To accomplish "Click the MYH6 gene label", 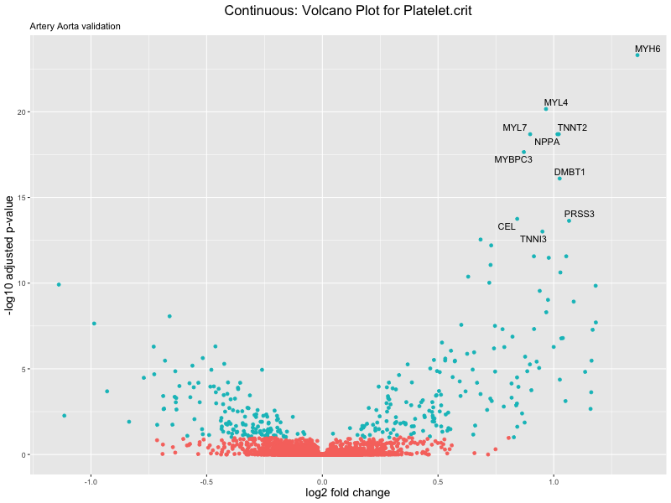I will point(648,49).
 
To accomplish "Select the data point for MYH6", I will point(637,54).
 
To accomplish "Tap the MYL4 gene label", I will point(556,103).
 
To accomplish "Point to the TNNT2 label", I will point(572,128).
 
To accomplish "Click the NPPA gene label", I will point(547,142).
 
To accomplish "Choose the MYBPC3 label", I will point(513,159).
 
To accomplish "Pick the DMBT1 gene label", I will point(570,173).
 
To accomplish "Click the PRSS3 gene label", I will point(579,214).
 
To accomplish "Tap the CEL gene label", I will point(507,226).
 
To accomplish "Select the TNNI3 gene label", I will point(533,240).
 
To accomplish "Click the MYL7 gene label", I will point(515,128).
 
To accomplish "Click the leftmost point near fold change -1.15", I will point(59,284).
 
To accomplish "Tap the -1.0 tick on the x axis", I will point(91,482).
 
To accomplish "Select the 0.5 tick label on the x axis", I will point(438,482).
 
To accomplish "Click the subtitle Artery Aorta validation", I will point(75,26).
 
